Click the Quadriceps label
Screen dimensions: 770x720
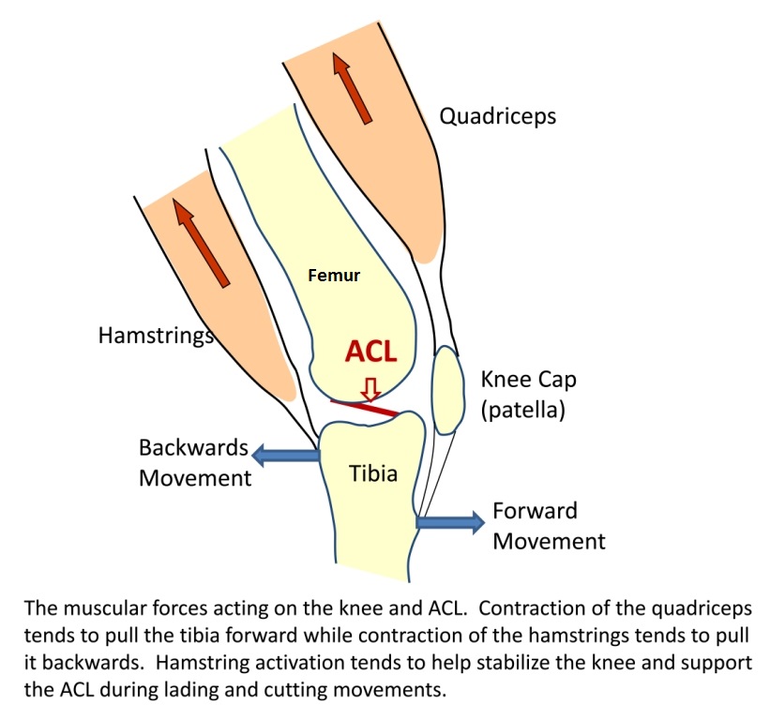coord(497,117)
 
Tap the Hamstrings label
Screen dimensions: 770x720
coord(157,336)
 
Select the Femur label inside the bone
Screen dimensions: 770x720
coord(334,276)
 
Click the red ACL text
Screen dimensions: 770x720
coord(370,352)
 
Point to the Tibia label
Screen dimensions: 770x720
coord(373,473)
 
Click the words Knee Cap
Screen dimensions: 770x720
coord(528,380)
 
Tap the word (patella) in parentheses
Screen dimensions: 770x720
coord(523,410)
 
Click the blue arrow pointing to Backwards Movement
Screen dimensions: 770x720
coord(286,455)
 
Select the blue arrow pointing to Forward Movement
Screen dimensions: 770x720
coord(450,522)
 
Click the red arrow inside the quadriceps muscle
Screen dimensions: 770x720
coord(353,88)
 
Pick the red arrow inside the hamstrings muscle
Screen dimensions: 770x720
coord(202,243)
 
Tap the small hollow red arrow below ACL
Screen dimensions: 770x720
coord(370,390)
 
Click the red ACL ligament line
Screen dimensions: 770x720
coord(363,408)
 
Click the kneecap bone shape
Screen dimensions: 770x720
coord(448,390)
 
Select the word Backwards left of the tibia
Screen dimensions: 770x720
coord(193,447)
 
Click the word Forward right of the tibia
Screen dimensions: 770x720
coord(535,511)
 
